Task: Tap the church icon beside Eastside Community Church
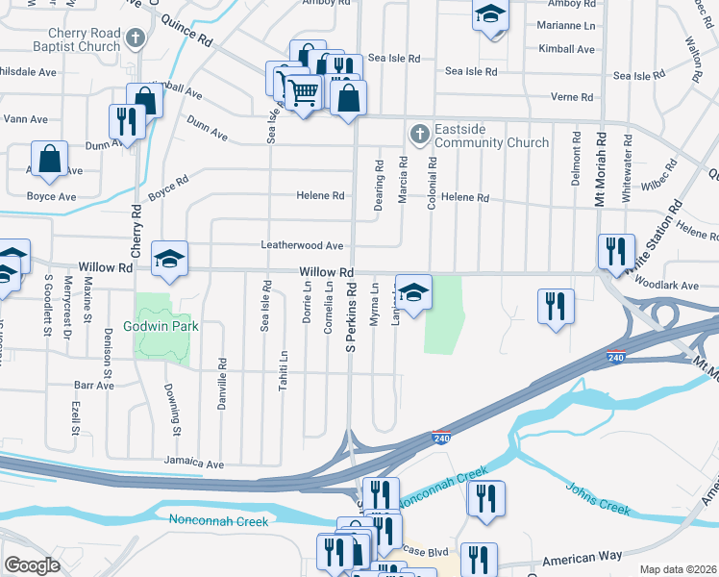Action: pos(419,135)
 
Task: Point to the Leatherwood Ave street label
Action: pos(303,245)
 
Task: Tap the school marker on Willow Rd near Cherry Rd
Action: pos(169,259)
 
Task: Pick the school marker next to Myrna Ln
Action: pos(413,292)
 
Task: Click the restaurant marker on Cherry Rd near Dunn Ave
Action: pos(126,122)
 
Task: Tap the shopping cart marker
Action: pos(303,92)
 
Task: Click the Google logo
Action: pos(33,565)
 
